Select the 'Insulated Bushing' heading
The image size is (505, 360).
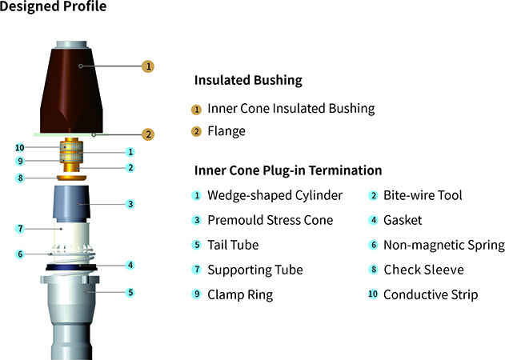248,81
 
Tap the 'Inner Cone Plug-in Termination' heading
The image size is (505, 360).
288,170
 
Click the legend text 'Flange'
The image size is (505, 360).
226,130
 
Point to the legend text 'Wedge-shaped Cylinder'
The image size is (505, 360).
275,195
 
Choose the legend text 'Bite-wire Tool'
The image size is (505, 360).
423,195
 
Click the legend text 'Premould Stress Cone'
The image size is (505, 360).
271,220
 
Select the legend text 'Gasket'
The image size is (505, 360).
403,220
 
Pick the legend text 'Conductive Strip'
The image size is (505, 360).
431,294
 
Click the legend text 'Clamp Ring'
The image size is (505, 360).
240,294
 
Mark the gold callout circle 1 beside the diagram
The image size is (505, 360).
148,66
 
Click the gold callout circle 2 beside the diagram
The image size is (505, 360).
148,134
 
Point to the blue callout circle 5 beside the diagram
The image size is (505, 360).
130,293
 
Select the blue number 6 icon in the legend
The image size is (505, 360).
373,245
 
